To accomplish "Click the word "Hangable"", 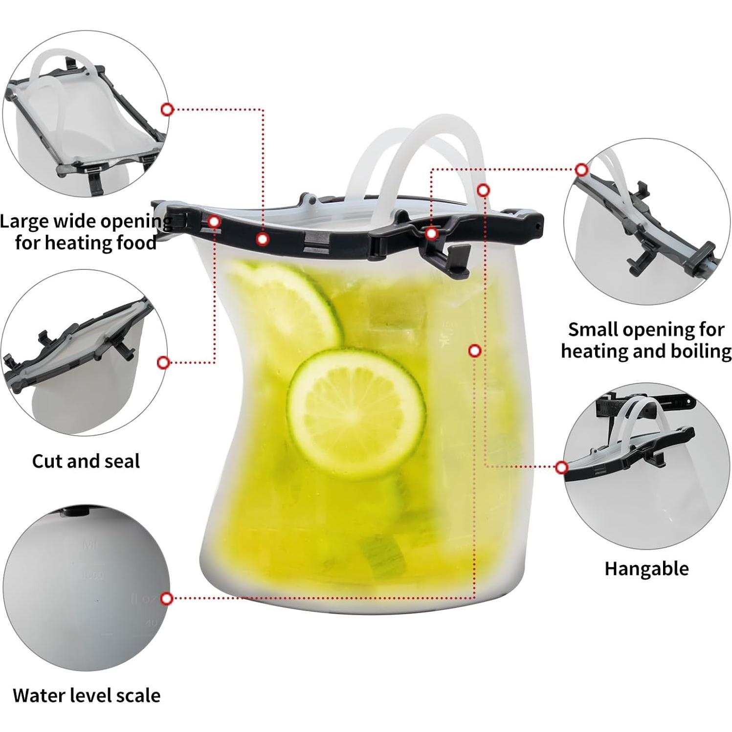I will (646, 569).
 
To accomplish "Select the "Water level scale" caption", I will (87, 695).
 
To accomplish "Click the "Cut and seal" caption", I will (86, 461).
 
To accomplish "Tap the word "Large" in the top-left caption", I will (24, 222).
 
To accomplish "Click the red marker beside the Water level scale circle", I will (167, 599).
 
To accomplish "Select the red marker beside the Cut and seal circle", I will (164, 362).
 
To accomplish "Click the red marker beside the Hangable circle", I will (562, 467).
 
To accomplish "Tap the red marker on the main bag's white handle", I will (483, 190).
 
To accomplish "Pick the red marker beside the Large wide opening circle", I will (167, 110).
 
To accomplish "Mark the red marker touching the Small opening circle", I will (581, 170).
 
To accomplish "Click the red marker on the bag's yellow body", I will (474, 351).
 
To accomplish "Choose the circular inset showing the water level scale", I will (86, 588).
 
